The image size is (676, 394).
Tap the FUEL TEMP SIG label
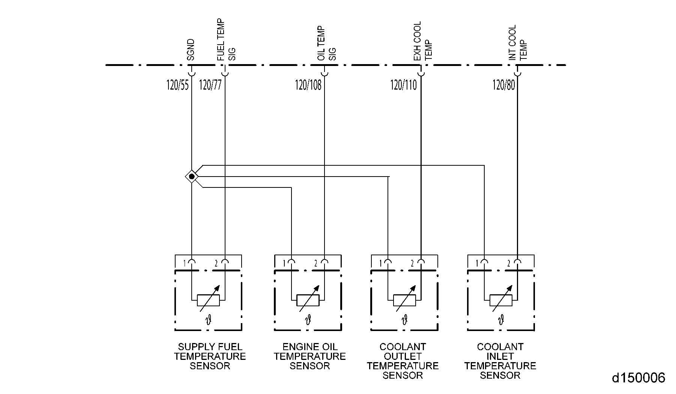pyautogui.click(x=226, y=40)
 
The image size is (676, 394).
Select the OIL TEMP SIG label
pyautogui.click(x=326, y=43)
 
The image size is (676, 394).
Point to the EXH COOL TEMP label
pyautogui.click(x=423, y=41)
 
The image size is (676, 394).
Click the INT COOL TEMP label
pyautogui.click(x=518, y=43)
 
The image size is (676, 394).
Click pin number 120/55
pyautogui.click(x=177, y=85)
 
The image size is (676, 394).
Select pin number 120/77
pyautogui.click(x=210, y=85)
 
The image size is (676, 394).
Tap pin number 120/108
pyautogui.click(x=308, y=85)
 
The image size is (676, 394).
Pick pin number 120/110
pyautogui.click(x=404, y=85)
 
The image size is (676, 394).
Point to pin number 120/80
pyautogui.click(x=504, y=85)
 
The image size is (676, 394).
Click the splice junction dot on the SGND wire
pyautogui.click(x=192, y=176)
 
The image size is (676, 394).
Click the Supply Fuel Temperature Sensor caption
pyautogui.click(x=210, y=357)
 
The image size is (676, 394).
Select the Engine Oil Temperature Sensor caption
pyautogui.click(x=309, y=357)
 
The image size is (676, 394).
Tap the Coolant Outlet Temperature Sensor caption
pyautogui.click(x=403, y=361)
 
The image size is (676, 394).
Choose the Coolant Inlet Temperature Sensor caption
pyautogui.click(x=500, y=361)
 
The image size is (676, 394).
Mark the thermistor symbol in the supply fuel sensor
pyautogui.click(x=208, y=300)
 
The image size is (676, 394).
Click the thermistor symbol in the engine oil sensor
pyautogui.click(x=308, y=300)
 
